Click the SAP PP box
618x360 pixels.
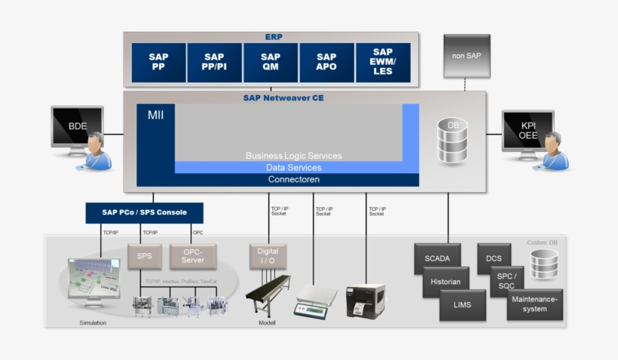pos(158,63)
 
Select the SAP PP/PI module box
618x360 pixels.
pos(214,63)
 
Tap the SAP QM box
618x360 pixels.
pos(271,63)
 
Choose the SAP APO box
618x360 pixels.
pos(326,63)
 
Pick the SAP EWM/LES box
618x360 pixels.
pos(383,63)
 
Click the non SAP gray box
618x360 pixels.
pos(466,56)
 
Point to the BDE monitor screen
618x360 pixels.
pos(77,126)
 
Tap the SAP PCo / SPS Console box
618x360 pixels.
pos(145,212)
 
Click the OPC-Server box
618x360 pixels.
pos(193,256)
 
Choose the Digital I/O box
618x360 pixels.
pos(268,256)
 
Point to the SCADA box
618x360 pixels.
pos(437,258)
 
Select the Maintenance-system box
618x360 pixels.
pos(534,304)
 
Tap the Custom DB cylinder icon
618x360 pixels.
pos(543,264)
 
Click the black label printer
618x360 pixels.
pos(366,301)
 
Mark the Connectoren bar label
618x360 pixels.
pos(294,180)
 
